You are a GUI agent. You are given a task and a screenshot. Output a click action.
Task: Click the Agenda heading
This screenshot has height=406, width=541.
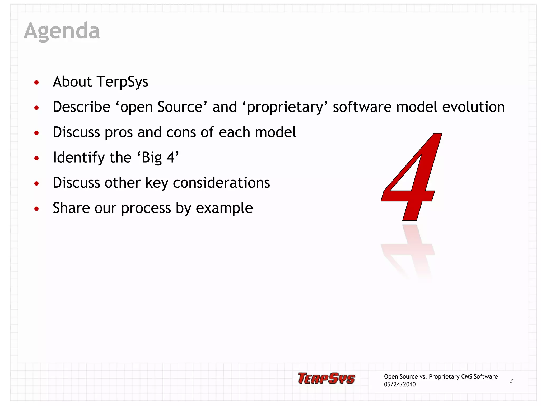pos(62,31)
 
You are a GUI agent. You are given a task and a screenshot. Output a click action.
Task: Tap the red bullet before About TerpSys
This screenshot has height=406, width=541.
pos(36,82)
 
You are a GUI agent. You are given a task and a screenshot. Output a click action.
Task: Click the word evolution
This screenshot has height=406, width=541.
pos(473,107)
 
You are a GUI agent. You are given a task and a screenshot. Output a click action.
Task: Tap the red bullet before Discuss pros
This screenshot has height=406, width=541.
pos(36,133)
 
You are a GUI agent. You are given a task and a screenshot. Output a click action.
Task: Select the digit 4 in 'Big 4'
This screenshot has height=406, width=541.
pos(170,158)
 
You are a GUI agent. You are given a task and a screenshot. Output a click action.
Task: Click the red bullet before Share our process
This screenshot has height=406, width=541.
pos(36,209)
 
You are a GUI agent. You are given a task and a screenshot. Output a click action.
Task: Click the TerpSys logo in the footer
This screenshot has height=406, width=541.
pos(326,378)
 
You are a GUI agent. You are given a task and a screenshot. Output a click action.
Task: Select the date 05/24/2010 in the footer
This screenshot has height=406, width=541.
pos(400,385)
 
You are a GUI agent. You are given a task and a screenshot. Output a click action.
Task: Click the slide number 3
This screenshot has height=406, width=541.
pos(511,381)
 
